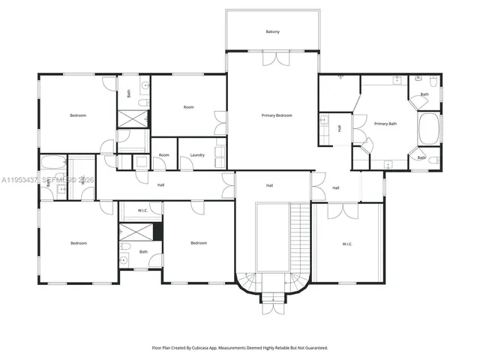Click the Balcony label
272,31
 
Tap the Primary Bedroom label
276,115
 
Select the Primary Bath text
386,124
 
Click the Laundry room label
197,155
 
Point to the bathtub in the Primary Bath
430,129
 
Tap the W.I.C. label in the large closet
347,244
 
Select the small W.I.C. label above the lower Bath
143,211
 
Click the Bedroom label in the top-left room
78,115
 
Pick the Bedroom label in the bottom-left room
79,243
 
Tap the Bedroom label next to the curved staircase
198,243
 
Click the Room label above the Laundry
189,107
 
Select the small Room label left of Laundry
163,155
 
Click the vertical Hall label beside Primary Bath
340,128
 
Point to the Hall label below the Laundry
160,184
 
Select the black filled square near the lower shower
157,231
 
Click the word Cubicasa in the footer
204,348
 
